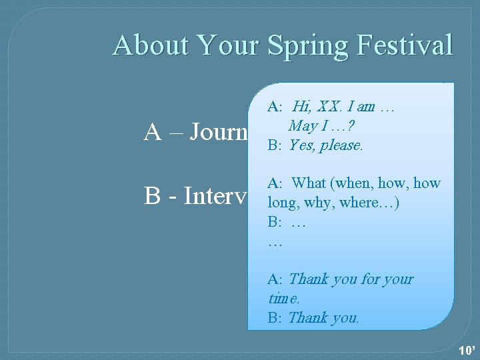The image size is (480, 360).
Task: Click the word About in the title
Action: (151, 45)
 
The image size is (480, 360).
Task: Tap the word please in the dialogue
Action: (341, 146)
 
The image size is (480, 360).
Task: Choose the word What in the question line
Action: (309, 183)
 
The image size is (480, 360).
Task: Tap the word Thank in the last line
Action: (307, 317)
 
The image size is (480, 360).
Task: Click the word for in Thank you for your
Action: (371, 279)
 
